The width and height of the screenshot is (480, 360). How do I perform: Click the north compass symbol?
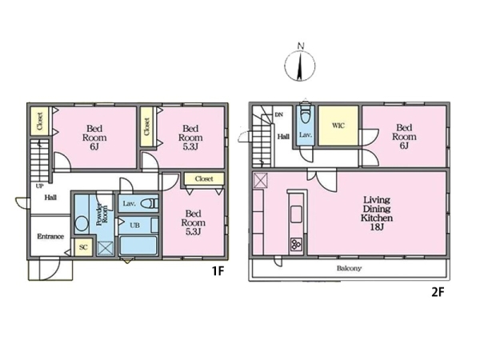click(x=300, y=64)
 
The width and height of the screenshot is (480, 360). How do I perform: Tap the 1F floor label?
click(x=218, y=270)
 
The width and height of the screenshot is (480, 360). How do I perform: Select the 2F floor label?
click(x=438, y=292)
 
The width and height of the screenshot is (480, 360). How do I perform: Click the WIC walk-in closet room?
click(x=338, y=126)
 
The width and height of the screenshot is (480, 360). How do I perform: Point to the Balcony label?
click(x=350, y=269)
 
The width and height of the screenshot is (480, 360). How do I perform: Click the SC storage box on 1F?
click(x=83, y=247)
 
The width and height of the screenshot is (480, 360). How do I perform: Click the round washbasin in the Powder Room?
click(x=82, y=223)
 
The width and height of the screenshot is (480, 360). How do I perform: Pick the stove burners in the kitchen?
click(x=296, y=244)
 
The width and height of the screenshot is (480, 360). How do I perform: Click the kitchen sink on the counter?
click(x=296, y=214)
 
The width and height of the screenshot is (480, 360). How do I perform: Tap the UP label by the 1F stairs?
click(x=40, y=186)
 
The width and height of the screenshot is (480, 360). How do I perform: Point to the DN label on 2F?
click(x=279, y=114)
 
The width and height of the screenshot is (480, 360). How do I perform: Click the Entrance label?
click(x=50, y=236)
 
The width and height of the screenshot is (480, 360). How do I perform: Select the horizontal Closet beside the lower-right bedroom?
click(x=204, y=178)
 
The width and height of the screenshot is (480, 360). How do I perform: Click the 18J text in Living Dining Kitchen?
click(x=377, y=227)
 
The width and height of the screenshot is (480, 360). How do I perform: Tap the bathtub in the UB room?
click(x=138, y=246)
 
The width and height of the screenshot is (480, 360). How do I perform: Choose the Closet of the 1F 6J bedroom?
click(x=40, y=121)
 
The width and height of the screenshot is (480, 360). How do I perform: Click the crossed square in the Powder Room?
click(x=106, y=248)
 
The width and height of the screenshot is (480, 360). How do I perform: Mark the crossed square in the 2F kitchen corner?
click(x=261, y=180)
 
